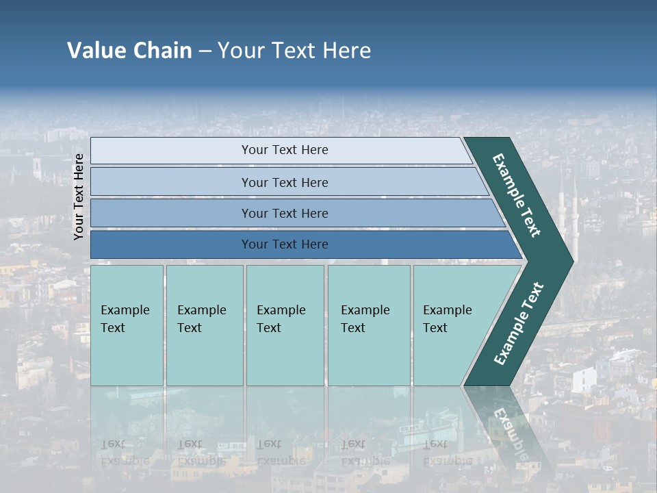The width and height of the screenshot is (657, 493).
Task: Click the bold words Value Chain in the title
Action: coord(129,51)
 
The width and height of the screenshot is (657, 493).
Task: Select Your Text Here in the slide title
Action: coord(294,51)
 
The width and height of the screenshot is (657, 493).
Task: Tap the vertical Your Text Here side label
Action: coord(79,197)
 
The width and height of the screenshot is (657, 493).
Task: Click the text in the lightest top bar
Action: coord(285,150)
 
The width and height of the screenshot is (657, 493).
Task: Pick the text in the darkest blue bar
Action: coord(285,244)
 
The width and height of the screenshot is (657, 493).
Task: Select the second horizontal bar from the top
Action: coord(285,182)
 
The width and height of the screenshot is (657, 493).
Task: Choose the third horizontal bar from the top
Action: coord(285,214)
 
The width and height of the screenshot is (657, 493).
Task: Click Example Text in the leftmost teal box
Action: coord(125,319)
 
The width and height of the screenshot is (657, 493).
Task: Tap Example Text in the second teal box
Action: coord(201,319)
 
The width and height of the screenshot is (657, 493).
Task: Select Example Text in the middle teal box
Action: coord(281,319)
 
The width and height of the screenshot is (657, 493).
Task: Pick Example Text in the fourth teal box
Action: coord(365,319)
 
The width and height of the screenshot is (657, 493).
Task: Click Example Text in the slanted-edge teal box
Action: coord(447,319)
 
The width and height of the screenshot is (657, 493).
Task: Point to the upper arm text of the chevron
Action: coord(517,195)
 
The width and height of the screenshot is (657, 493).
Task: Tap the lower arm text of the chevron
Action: coord(519,324)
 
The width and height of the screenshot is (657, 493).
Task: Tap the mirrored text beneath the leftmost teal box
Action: coord(125,453)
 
